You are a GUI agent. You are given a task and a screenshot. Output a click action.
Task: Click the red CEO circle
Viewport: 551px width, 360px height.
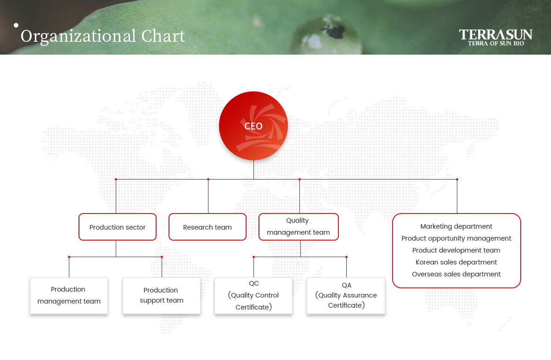click(x=253, y=126)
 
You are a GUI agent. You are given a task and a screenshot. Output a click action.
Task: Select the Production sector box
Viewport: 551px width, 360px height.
click(x=118, y=227)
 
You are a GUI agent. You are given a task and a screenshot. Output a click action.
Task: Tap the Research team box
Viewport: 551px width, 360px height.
click(x=208, y=227)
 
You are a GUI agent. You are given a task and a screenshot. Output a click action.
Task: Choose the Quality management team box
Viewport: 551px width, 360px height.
click(x=298, y=227)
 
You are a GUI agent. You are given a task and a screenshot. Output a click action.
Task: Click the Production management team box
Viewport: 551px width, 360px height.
click(x=69, y=296)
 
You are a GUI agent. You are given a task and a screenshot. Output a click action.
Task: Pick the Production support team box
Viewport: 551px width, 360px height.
click(x=162, y=296)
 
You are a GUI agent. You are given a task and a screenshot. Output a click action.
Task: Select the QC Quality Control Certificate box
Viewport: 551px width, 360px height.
click(x=253, y=296)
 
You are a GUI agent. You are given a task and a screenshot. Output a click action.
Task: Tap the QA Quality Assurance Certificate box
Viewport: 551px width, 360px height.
click(x=346, y=296)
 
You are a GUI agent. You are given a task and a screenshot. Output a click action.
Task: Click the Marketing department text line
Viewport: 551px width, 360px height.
click(x=456, y=226)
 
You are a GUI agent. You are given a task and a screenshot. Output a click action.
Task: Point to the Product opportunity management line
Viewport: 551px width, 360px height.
click(x=456, y=238)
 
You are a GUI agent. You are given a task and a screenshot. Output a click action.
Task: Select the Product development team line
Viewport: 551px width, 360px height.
click(x=456, y=250)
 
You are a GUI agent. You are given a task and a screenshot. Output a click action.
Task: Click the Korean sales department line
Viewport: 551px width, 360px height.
click(x=456, y=262)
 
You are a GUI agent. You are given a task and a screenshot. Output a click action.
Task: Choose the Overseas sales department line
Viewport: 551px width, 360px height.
click(x=456, y=274)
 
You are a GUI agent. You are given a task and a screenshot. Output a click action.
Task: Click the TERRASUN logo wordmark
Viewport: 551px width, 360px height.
click(x=495, y=35)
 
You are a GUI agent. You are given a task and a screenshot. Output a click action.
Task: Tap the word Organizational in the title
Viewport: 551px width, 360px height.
click(x=78, y=37)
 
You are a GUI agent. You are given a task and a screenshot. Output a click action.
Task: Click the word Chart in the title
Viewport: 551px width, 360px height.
click(x=163, y=36)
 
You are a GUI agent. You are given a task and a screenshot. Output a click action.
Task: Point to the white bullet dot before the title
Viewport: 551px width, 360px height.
click(x=16, y=25)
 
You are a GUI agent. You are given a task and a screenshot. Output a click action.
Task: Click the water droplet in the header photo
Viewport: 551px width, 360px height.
click(x=327, y=35)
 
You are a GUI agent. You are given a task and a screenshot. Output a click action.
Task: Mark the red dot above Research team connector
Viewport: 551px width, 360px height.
click(x=208, y=179)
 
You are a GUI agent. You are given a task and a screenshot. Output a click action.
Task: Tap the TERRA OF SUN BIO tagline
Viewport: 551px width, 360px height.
click(x=496, y=44)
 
